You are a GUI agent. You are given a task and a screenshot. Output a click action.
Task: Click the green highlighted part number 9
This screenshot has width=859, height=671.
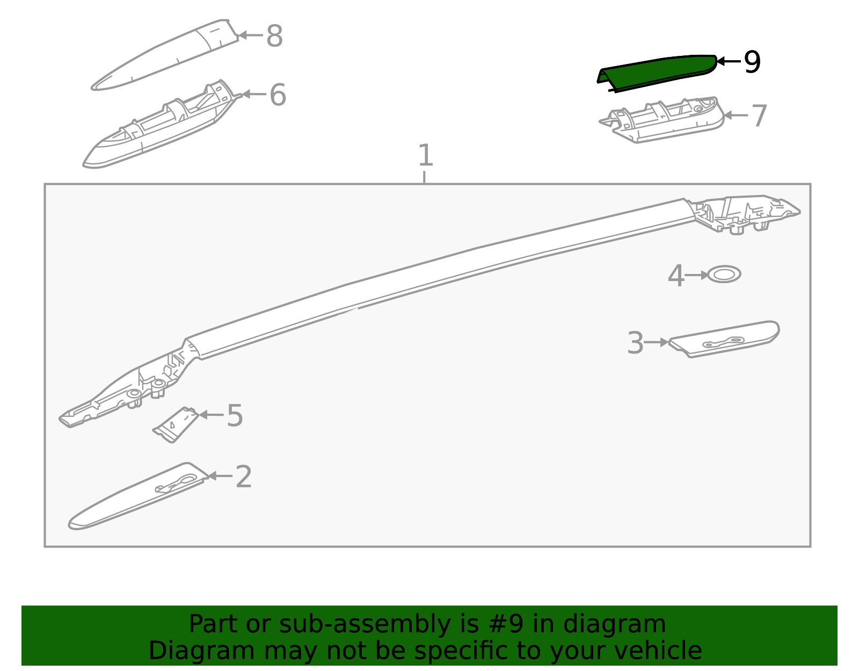click(x=656, y=73)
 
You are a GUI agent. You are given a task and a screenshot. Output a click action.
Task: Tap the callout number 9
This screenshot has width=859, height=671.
click(x=752, y=62)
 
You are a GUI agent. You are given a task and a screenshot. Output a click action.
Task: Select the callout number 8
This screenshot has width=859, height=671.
click(x=274, y=35)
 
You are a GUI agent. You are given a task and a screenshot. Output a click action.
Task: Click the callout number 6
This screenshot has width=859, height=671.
click(x=278, y=95)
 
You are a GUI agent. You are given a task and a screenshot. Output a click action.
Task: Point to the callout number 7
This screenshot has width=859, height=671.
click(x=759, y=116)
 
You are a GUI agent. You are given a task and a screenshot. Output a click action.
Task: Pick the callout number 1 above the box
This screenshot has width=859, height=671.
click(x=425, y=155)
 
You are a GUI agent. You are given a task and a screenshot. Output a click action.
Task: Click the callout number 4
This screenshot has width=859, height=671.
click(x=675, y=276)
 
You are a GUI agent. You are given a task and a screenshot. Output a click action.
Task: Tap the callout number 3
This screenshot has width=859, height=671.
click(x=635, y=343)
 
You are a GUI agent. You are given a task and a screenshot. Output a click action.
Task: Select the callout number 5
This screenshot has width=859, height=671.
click(x=235, y=416)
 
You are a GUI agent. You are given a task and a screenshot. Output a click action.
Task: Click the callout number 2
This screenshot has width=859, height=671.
click(x=244, y=477)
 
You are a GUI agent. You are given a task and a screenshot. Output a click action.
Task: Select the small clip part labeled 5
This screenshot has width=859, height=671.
click(x=176, y=424)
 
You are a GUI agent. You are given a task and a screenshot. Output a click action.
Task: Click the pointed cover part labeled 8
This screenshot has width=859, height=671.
click(x=164, y=55)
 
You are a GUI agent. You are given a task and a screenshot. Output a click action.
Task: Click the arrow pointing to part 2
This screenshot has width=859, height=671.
click(x=220, y=475)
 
